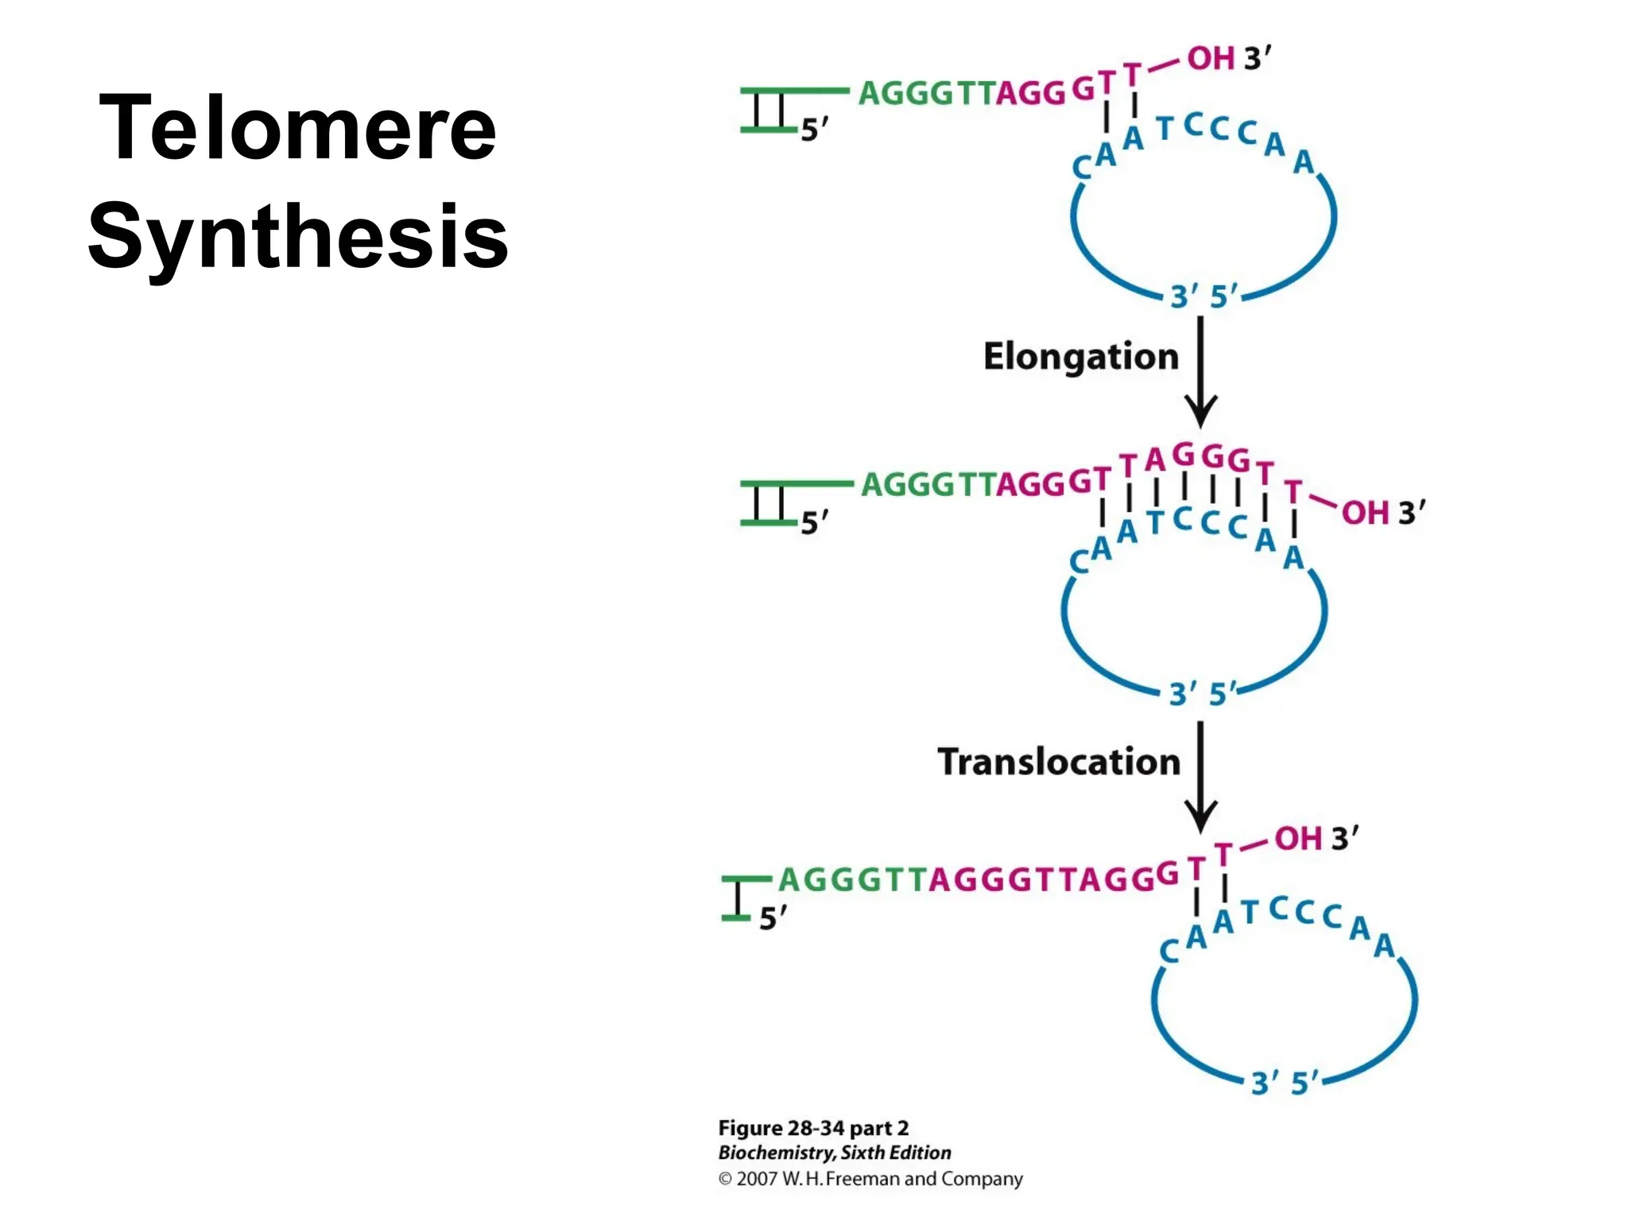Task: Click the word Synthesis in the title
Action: [297, 237]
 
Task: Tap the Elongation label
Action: [1080, 357]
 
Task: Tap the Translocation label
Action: [1059, 762]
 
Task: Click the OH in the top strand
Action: [1211, 59]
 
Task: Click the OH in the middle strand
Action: [1365, 513]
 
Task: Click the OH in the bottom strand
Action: [1298, 839]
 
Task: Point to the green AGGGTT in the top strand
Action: [926, 94]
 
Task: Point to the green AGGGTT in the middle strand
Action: [928, 484]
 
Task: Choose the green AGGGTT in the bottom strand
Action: [852, 880]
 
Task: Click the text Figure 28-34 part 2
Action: [813, 1128]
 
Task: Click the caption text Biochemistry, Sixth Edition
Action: [835, 1153]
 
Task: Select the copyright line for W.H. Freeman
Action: [870, 1179]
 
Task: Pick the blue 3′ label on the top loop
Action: [1184, 297]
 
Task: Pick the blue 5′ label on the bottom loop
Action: [1304, 1083]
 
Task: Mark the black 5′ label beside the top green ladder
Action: [814, 130]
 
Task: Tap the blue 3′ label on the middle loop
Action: [1182, 694]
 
